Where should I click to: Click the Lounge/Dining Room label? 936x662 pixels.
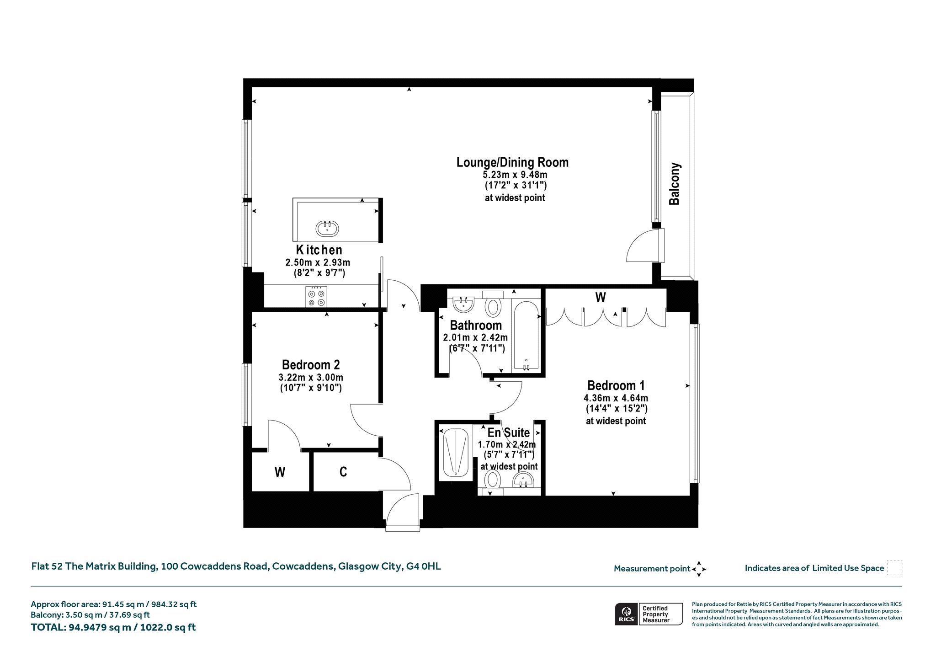tap(512, 162)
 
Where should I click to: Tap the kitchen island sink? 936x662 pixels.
tap(327, 228)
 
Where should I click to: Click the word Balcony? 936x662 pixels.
tap(675, 184)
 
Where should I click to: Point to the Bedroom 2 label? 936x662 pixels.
tap(311, 365)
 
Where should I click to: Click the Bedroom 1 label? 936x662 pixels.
tap(616, 385)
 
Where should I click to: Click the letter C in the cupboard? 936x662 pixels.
tap(343, 472)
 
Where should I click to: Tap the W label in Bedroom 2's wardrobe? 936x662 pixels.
tap(280, 472)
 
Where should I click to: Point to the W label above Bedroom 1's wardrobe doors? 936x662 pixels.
tap(601, 298)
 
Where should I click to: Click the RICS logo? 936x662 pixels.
tap(626, 614)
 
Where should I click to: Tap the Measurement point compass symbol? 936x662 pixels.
tap(699, 569)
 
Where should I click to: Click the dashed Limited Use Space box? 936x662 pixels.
tap(894, 568)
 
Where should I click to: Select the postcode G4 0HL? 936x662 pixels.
tap(424, 566)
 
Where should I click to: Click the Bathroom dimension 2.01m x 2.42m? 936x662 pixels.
tap(475, 338)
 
